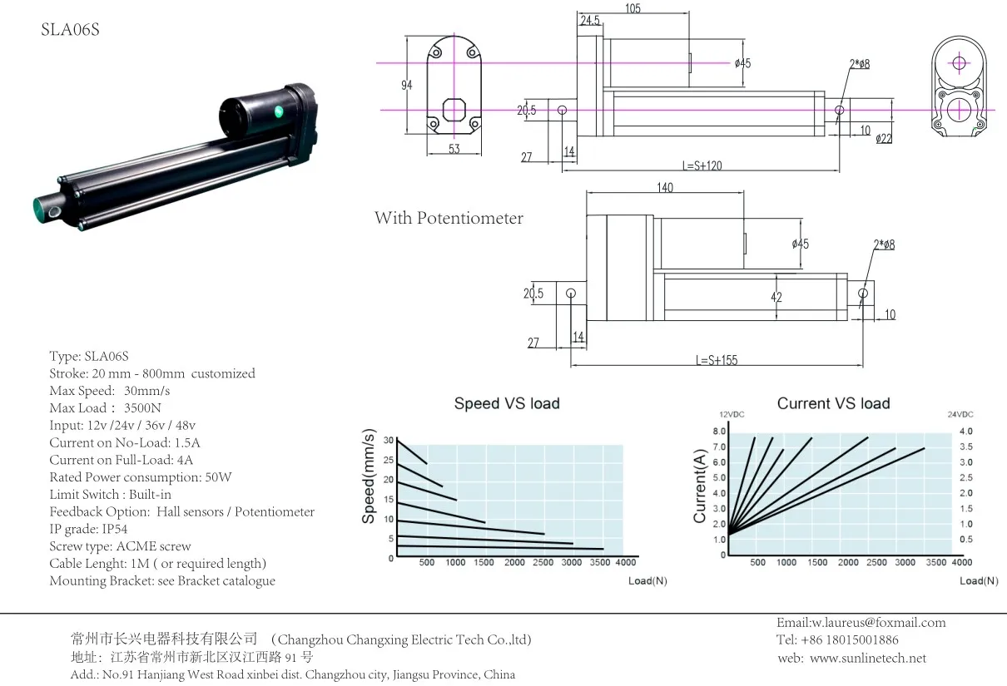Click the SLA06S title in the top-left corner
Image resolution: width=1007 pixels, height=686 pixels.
71,31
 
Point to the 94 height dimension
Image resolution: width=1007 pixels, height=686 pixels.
406,86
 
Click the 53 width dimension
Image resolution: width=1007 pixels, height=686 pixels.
454,149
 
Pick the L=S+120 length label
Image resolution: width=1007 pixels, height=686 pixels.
702,165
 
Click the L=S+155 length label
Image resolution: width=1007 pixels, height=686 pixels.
717,360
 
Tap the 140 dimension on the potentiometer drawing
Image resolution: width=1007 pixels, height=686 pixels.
665,188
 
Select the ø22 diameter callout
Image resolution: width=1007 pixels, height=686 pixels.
883,139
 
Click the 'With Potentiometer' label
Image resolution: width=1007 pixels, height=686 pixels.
449,218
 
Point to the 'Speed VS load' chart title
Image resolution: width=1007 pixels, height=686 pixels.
506,403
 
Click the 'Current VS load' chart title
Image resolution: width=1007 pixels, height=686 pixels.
833,403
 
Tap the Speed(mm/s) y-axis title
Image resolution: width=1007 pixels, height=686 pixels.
368,477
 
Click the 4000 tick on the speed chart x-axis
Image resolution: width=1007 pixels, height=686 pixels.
625,563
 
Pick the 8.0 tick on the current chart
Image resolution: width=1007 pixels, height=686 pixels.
720,432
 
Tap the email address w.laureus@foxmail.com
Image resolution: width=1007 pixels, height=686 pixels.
861,622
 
